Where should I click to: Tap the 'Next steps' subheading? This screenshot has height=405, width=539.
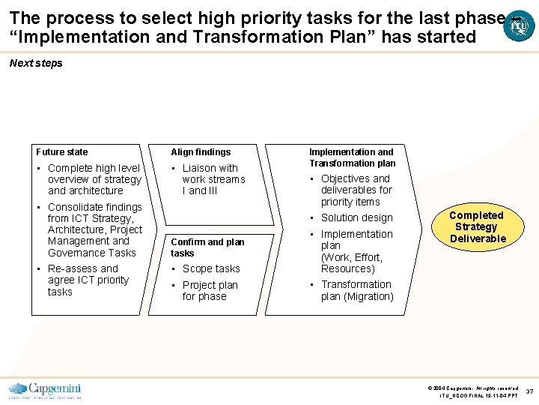36,63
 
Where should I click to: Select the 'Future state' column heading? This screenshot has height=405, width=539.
61,151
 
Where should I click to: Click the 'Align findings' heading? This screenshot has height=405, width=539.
201,151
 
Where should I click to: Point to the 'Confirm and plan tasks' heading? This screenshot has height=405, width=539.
207,247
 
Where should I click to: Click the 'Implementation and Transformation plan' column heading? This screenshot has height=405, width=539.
352,157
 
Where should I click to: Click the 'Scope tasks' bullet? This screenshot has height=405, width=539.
211,268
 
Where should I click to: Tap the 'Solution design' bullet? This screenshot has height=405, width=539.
356,217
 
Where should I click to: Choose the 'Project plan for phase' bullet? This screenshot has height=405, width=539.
210,290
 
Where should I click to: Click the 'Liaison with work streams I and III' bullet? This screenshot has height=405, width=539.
213,179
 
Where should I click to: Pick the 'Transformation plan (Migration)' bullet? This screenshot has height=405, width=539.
356,290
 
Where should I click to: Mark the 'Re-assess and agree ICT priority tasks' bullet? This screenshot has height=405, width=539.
88,280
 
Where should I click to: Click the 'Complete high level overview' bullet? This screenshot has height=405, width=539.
94,179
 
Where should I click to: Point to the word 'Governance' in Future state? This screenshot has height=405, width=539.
73,253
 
